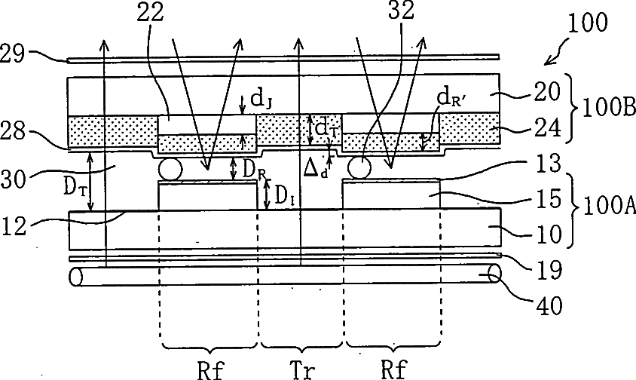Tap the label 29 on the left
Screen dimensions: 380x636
click(x=15, y=52)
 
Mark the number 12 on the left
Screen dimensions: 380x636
click(x=16, y=224)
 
